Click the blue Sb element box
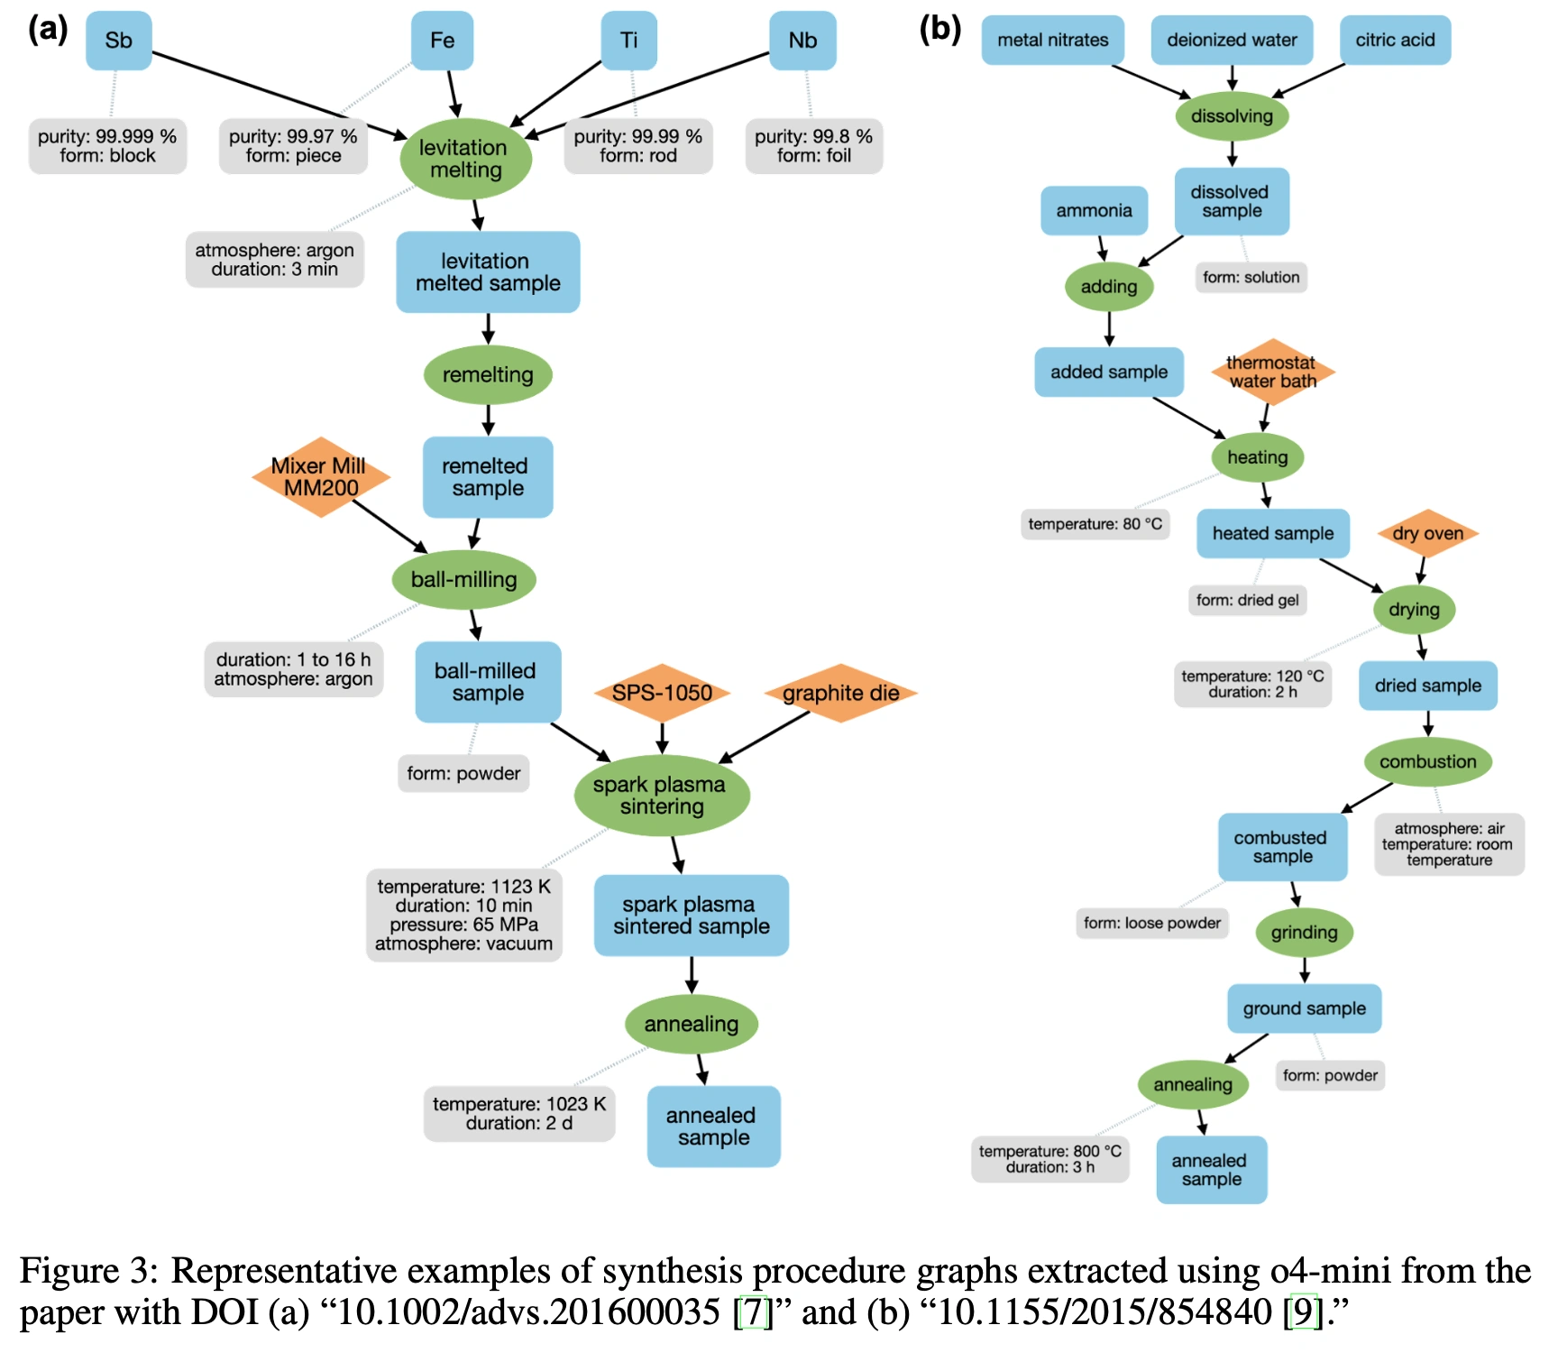pos(118,41)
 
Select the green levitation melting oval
pos(465,159)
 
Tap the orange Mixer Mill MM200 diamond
pos(320,477)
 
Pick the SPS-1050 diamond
pos(662,693)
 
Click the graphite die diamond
pos(840,693)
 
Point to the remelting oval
pos(488,374)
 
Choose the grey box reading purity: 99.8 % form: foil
pos(813,146)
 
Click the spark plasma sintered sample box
pos(691,915)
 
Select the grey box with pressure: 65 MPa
pos(463,916)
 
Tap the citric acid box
pos(1395,40)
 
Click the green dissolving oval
pos(1232,115)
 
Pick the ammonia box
pos(1094,210)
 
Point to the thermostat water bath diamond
pos(1271,372)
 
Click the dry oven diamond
pos(1427,533)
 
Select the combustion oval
pos(1427,761)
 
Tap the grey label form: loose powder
pos(1151,923)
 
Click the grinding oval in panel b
pos(1304,932)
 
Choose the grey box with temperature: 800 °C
pos(1049,1159)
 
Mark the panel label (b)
pos(939,29)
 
